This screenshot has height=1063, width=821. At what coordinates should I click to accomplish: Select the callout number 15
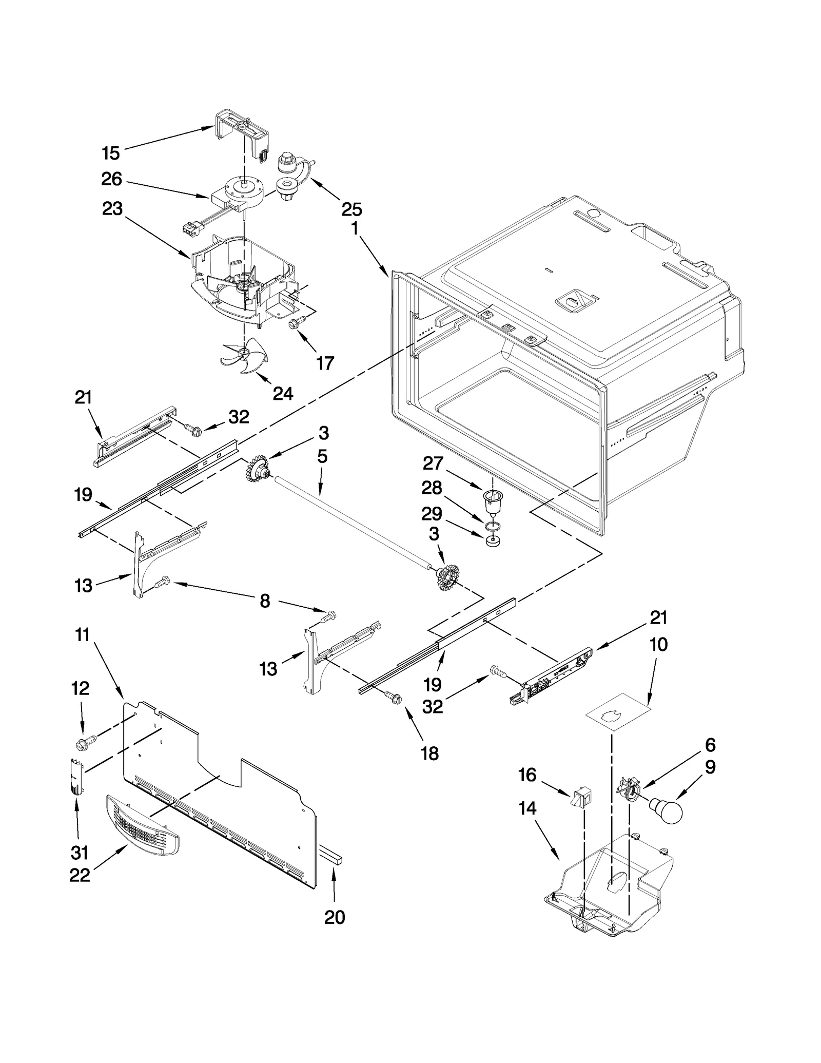111,152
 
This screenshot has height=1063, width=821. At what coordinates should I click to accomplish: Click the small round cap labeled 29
494,540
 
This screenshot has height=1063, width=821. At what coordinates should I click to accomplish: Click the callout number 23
112,208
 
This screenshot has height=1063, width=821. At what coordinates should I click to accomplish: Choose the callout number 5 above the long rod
322,456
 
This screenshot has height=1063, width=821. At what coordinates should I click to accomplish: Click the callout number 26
112,179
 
